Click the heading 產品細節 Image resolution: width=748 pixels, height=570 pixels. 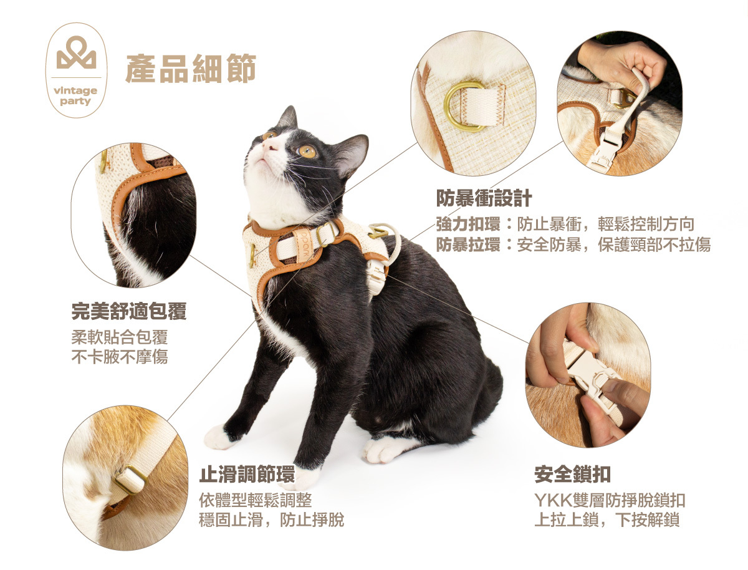(x=191, y=68)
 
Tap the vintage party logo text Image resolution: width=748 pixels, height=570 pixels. (x=75, y=96)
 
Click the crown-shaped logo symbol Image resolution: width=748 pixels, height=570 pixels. (x=76, y=52)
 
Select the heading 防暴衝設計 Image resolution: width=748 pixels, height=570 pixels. (x=484, y=198)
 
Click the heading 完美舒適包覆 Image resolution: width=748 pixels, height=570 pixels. (x=129, y=311)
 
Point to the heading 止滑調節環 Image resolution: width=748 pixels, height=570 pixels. (x=247, y=474)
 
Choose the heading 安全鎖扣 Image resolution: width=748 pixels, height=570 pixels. (x=572, y=474)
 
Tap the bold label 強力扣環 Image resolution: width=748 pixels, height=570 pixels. (x=468, y=224)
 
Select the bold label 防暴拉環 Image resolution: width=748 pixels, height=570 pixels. (x=468, y=244)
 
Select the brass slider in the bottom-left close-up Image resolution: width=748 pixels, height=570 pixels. (x=130, y=480)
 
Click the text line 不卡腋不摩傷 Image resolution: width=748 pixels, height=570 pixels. (x=120, y=357)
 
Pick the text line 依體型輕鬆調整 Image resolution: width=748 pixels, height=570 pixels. (x=255, y=500)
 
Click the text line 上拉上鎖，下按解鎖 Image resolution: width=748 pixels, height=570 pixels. (x=607, y=520)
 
